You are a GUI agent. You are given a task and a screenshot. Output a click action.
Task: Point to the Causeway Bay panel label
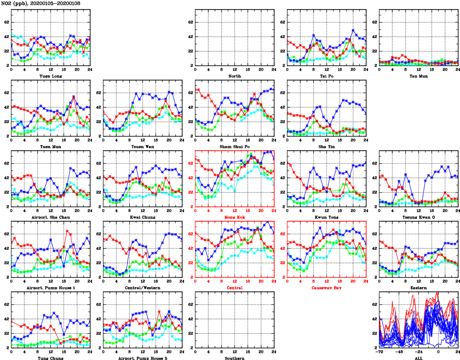pos(326,288)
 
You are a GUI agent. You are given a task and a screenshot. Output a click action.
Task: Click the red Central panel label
pos(235,288)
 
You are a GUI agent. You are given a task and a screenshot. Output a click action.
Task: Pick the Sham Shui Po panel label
pos(235,146)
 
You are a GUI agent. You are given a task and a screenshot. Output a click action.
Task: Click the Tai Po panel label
pos(326,76)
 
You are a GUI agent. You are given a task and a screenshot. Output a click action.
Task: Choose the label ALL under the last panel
pos(418,358)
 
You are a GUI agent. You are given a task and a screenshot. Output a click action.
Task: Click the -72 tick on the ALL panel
pos(379,351)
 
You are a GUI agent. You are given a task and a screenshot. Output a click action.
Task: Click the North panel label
pos(235,76)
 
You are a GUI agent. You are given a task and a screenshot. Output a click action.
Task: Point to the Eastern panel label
pos(418,288)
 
